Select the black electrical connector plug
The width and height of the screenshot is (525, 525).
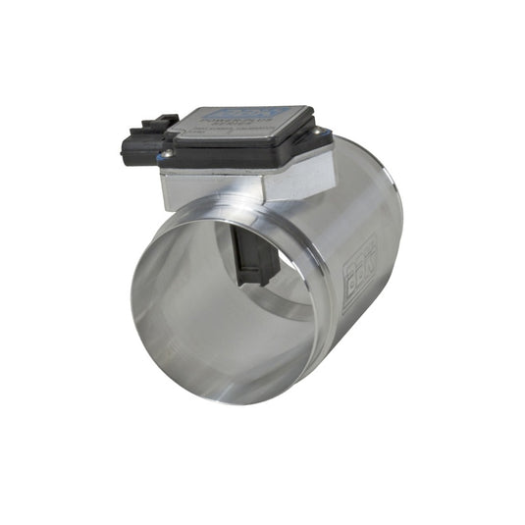click(x=139, y=145)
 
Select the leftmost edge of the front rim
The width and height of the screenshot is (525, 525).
click(x=131, y=299)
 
